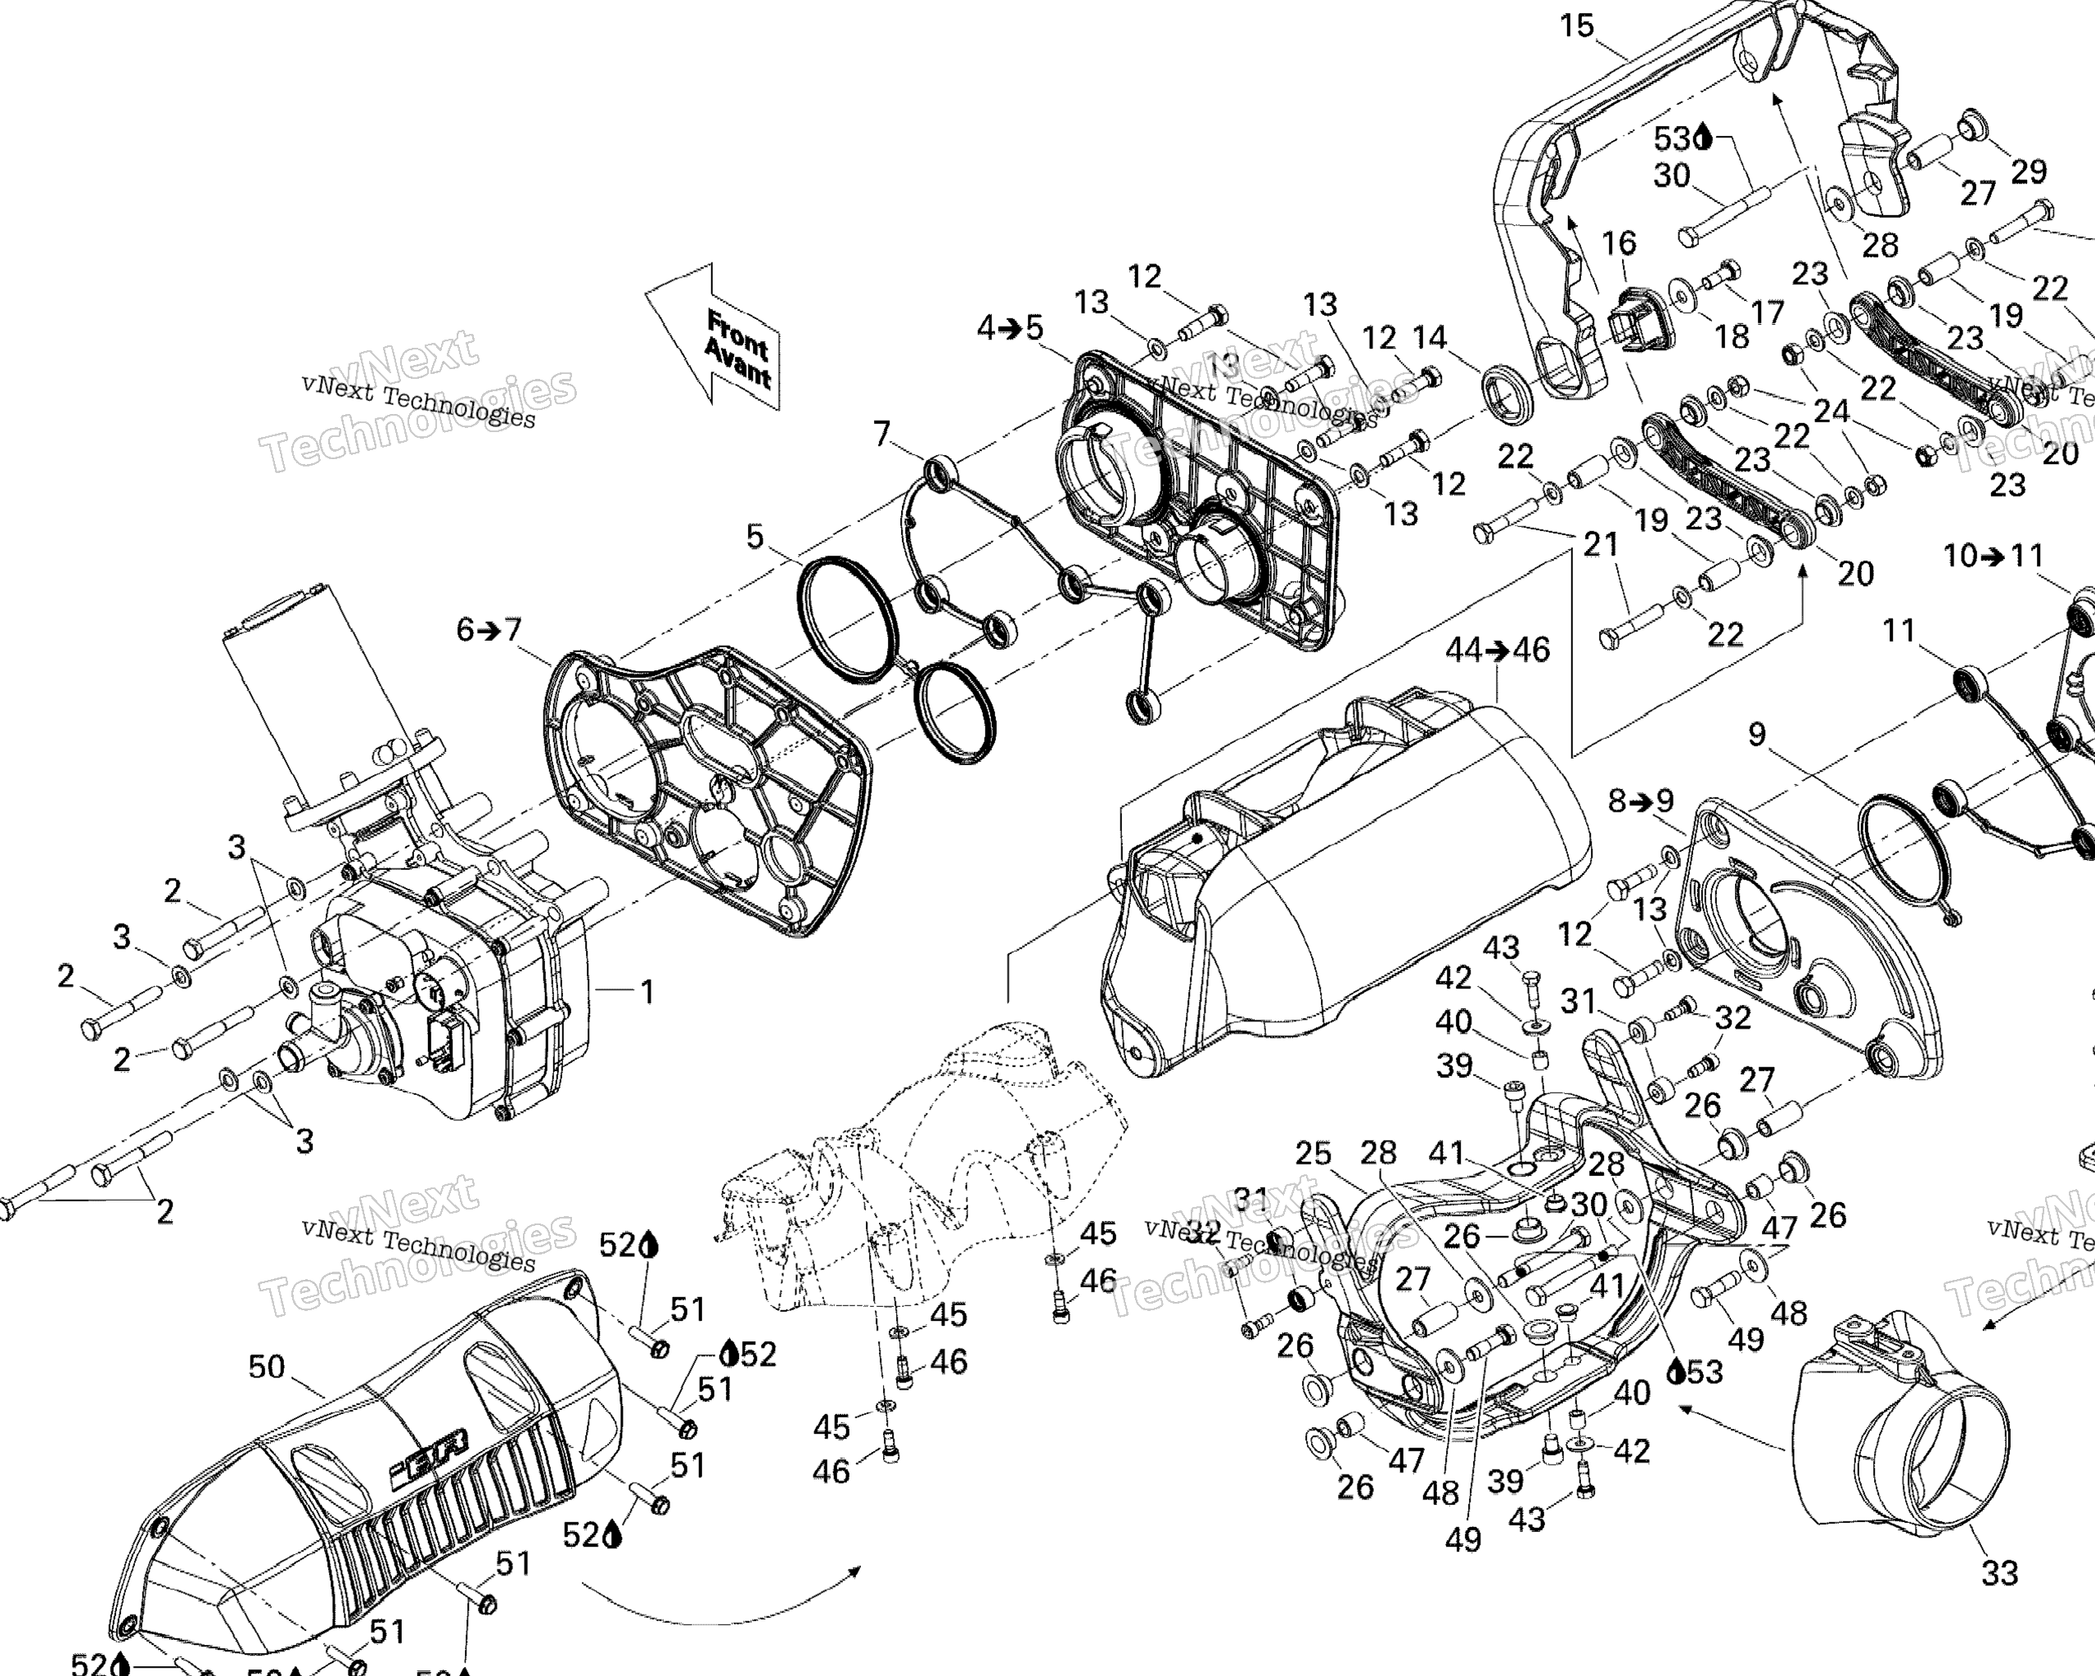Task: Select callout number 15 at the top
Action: point(1577,25)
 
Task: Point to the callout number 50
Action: point(266,1367)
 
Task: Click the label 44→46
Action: point(1498,649)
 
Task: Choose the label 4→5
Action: point(1010,328)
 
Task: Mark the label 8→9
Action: point(1640,800)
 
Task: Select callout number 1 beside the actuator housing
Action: point(647,992)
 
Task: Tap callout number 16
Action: point(1619,242)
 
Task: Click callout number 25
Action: point(1313,1152)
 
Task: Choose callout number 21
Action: point(1601,544)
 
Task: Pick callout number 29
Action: point(2029,171)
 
